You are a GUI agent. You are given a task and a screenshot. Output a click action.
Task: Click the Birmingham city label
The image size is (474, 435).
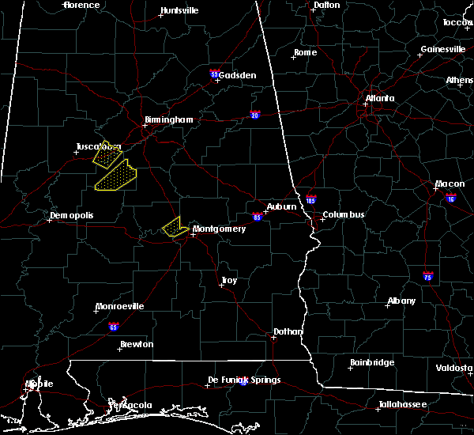coord(168,120)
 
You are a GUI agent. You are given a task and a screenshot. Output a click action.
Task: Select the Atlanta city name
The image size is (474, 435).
coord(380,99)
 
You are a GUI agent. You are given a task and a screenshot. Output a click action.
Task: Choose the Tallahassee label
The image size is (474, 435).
coord(402,404)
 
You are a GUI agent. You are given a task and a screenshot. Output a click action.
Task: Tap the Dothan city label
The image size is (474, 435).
coord(285,331)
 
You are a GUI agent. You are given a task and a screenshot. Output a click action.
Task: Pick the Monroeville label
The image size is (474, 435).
coord(119,306)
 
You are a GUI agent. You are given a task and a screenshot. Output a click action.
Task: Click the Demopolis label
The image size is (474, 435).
coord(71,215)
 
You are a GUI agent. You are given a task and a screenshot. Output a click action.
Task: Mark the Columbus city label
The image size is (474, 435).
coord(343,214)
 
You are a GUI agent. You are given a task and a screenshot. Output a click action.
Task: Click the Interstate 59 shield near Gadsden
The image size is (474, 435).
coord(215,74)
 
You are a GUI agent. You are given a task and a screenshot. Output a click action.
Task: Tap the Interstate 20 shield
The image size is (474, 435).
coord(256,114)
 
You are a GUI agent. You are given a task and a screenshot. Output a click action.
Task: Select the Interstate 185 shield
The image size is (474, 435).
coord(310,201)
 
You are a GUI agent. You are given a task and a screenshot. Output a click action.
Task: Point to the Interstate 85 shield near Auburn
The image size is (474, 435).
coord(258,215)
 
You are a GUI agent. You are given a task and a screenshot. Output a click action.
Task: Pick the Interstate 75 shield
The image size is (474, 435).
coord(427,277)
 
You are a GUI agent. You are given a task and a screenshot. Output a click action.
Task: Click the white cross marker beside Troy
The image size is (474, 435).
coord(220,286)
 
